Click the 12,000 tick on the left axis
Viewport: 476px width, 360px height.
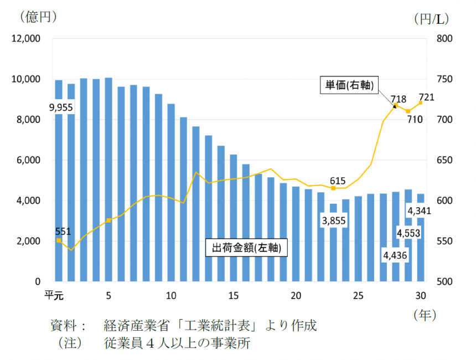coord(25,39)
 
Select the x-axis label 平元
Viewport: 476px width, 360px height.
coord(54,295)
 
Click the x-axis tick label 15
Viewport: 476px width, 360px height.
coord(233,295)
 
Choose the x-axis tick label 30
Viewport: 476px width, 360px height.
coord(420,295)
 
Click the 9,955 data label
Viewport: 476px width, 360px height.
coord(61,107)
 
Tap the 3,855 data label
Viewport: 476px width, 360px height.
coord(334,222)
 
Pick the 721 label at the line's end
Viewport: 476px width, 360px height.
coord(427,98)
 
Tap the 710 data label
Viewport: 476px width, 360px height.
coord(415,119)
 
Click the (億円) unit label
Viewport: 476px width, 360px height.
coord(38,17)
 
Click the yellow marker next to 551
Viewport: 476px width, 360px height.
coord(58,240)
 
